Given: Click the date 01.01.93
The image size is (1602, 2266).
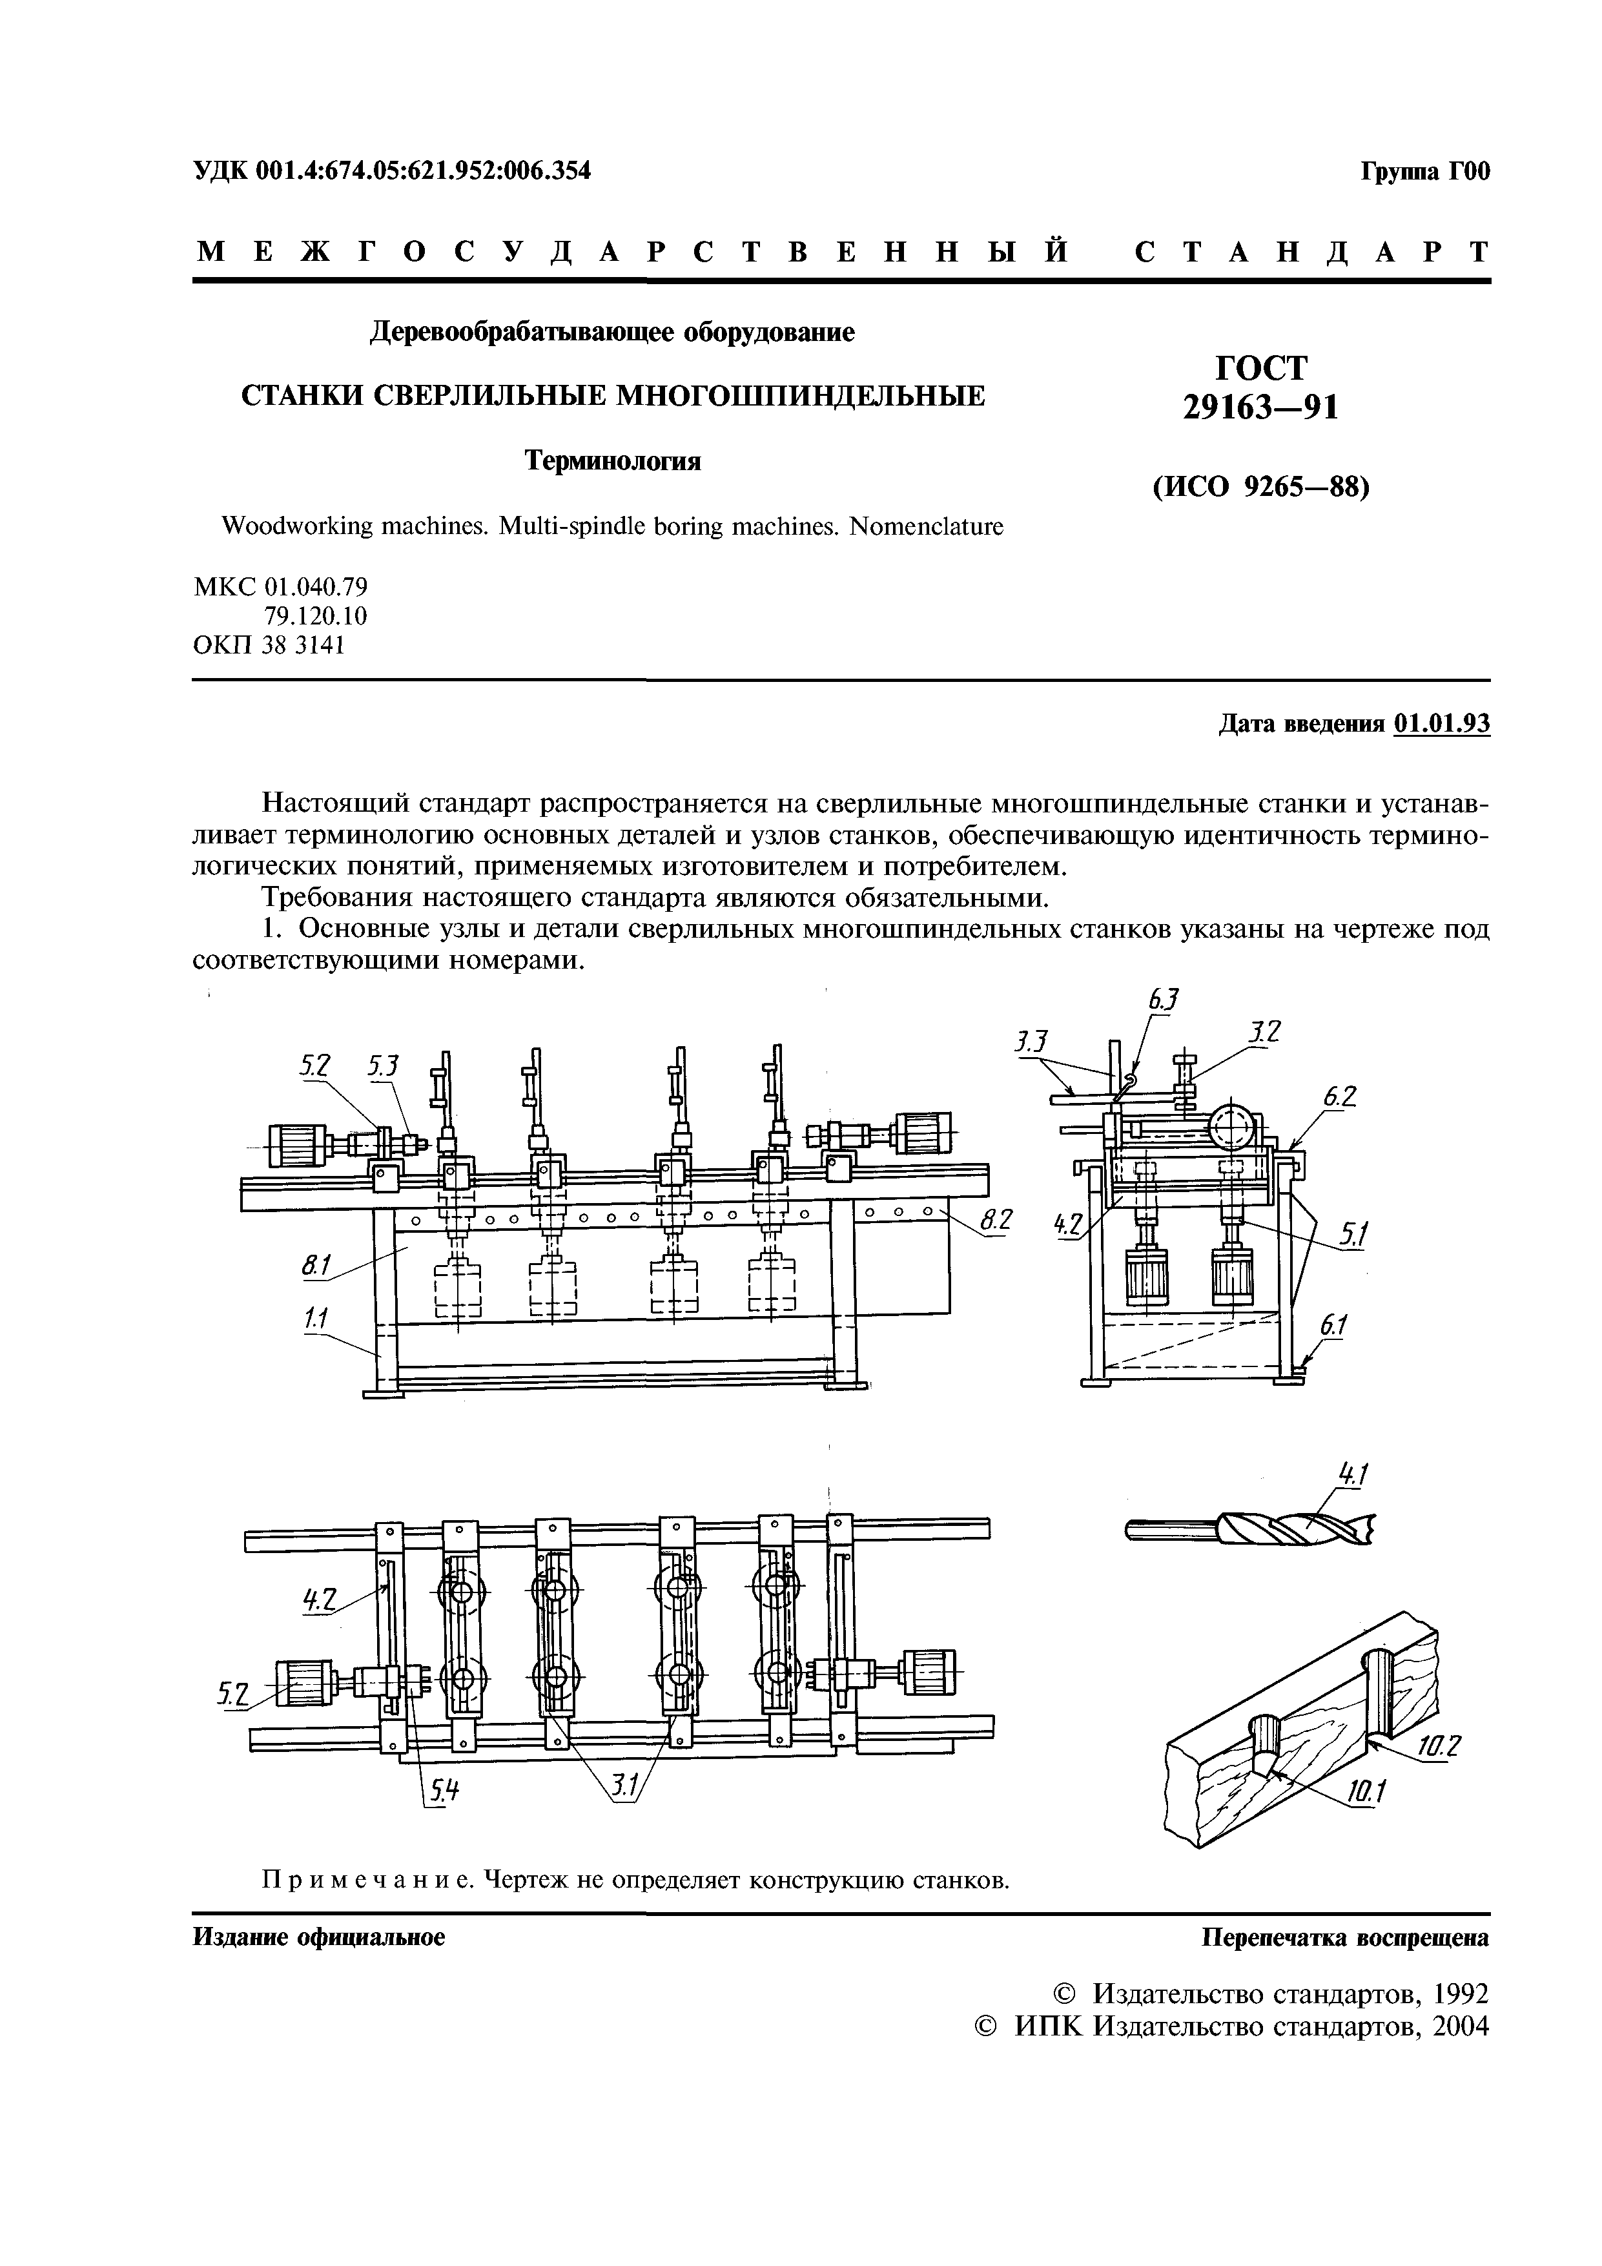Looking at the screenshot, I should coord(1442,723).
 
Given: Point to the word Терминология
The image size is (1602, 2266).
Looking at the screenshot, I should coord(612,461).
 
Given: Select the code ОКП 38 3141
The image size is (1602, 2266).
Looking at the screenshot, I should coord(269,646).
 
